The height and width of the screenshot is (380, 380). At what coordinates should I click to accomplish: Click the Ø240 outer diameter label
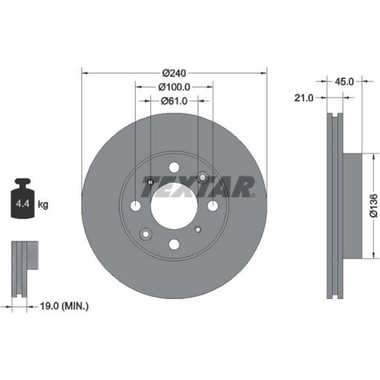[174, 73]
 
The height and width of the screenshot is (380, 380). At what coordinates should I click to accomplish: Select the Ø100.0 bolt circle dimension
[174, 87]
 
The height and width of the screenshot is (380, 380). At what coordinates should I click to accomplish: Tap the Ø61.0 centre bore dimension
[174, 101]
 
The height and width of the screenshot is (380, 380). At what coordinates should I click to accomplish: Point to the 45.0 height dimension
[344, 82]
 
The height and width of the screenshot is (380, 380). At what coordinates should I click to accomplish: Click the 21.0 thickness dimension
[304, 98]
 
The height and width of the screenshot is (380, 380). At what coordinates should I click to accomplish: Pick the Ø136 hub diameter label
[374, 205]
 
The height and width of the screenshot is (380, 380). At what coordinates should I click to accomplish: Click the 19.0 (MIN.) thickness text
[64, 306]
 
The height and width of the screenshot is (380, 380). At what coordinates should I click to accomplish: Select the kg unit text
[43, 205]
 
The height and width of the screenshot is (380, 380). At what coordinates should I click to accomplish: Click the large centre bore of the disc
[174, 206]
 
